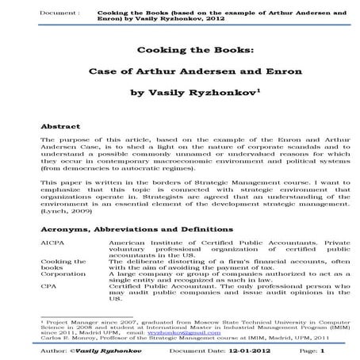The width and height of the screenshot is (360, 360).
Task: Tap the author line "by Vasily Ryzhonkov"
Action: pyautogui.click(x=181, y=92)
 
